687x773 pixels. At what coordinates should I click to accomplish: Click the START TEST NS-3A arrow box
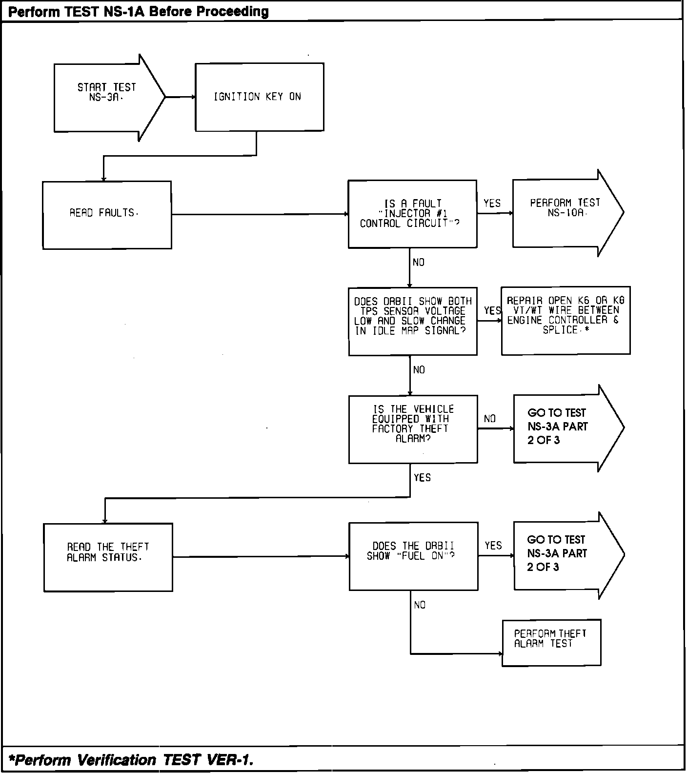point(107,98)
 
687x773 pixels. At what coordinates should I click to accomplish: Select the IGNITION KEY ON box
point(259,97)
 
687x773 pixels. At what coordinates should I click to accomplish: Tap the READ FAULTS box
point(107,215)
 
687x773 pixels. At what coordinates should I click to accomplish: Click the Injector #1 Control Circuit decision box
point(412,214)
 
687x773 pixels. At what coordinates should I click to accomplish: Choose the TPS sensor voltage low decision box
point(413,321)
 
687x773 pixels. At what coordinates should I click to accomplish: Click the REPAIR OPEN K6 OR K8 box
point(566,320)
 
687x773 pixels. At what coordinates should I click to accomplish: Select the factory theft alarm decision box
point(413,429)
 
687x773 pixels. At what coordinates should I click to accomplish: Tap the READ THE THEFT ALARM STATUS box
point(108,557)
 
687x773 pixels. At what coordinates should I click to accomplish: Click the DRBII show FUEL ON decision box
point(413,556)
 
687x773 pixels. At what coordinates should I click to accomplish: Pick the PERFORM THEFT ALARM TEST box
point(551,642)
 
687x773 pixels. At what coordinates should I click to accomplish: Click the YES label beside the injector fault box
point(492,203)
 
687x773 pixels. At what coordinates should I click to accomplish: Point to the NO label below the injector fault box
point(419,263)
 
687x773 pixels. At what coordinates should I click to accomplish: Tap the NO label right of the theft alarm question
point(490,419)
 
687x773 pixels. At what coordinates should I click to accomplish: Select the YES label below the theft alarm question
point(422,478)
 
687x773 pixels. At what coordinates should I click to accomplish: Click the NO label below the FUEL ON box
point(420,605)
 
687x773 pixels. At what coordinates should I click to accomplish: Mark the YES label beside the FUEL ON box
point(493,546)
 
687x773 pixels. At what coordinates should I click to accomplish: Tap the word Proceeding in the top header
point(233,11)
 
